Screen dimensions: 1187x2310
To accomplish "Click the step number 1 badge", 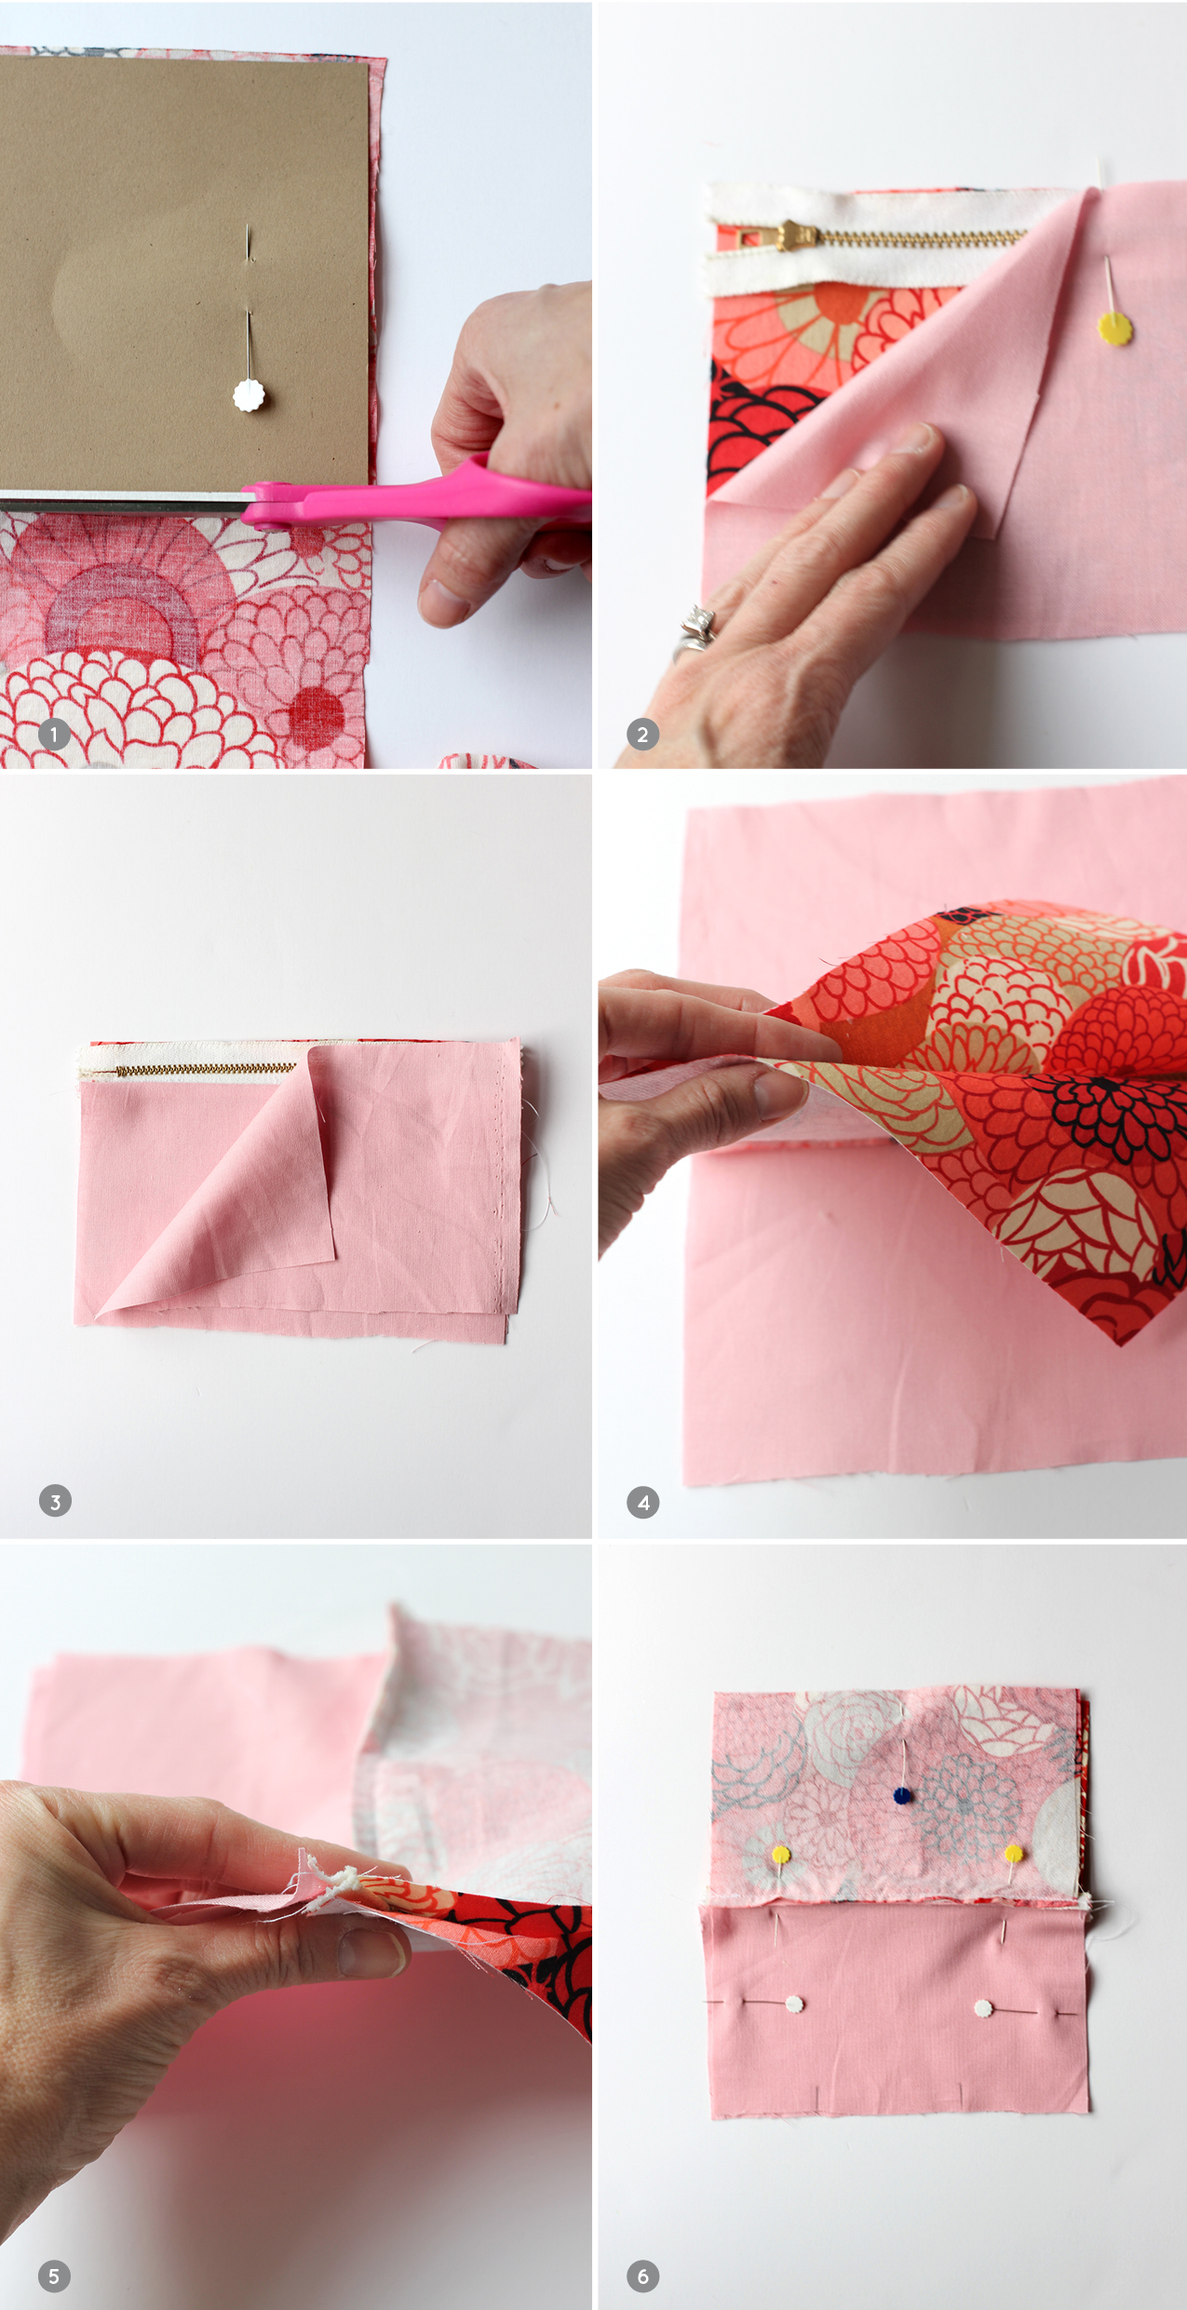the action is pos(54,735).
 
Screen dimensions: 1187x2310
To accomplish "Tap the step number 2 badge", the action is pos(642,735).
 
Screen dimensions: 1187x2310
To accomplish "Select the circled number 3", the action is pos(55,1501).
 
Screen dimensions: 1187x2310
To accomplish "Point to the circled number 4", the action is pos(643,1502).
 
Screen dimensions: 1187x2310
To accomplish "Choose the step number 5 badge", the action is pos(54,2276).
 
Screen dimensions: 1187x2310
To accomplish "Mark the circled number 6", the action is pos(642,2276).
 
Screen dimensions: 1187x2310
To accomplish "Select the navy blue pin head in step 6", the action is pos(901,1796).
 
